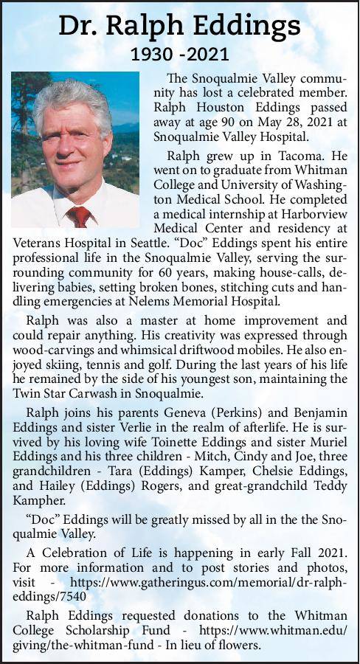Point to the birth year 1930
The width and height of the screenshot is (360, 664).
(150, 54)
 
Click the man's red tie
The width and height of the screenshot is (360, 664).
(77, 216)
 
